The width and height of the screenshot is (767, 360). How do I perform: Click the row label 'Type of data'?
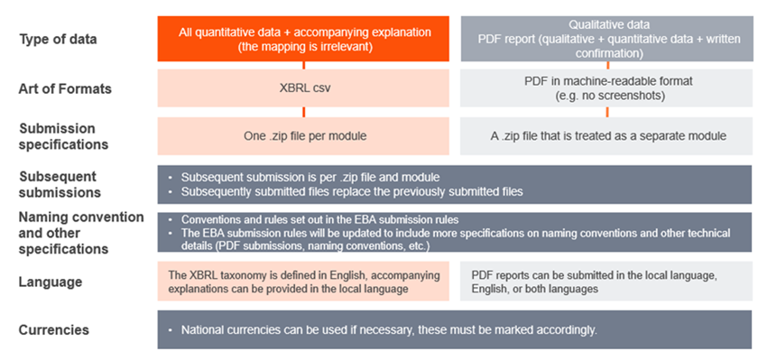(x=58, y=40)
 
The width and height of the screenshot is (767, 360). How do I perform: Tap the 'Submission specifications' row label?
(x=57, y=136)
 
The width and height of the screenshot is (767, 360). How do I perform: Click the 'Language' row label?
(x=51, y=282)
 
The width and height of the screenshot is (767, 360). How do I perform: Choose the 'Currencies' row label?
(x=54, y=329)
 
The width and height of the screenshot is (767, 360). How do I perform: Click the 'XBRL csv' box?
(x=303, y=89)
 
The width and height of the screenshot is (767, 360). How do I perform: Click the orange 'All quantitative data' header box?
(x=303, y=39)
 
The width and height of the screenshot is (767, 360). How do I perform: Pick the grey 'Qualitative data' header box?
(x=606, y=39)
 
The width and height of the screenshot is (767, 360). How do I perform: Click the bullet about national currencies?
(x=388, y=329)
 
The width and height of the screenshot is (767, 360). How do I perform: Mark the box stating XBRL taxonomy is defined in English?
(x=303, y=281)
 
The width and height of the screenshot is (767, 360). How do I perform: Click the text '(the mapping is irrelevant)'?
(x=303, y=46)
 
